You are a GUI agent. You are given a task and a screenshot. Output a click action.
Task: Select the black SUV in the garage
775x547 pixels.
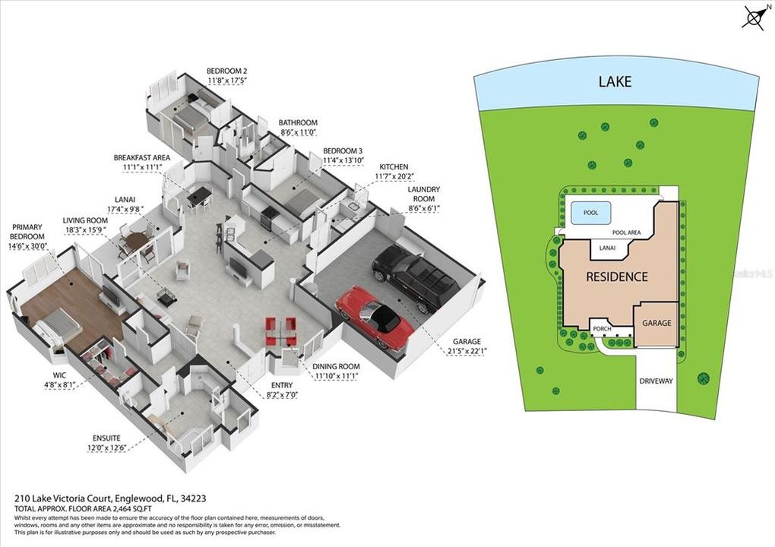414,277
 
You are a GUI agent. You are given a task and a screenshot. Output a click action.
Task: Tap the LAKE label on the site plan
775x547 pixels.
615,81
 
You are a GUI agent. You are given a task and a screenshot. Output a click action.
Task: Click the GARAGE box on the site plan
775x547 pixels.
656,323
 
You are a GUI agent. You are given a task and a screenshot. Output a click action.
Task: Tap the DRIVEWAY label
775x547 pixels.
655,381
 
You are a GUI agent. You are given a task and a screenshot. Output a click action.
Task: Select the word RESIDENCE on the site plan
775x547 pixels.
616,277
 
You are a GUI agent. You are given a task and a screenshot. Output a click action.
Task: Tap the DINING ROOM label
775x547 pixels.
335,366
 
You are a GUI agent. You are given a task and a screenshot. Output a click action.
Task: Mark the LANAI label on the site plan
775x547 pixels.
608,248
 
